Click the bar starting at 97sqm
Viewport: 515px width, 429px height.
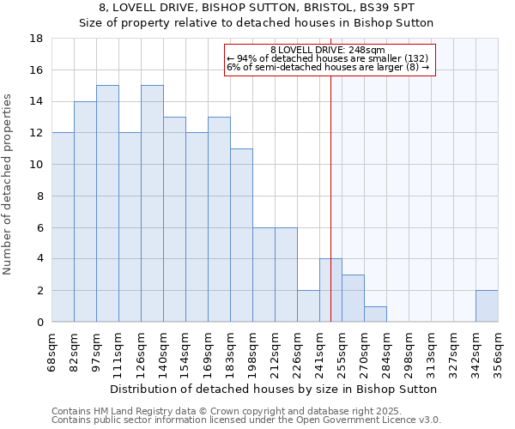(x=107, y=203)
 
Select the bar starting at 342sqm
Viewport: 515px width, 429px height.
(x=487, y=306)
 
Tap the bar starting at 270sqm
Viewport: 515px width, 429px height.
(x=375, y=314)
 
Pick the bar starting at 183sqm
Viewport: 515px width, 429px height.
(x=241, y=235)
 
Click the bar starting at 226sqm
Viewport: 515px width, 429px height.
(x=308, y=306)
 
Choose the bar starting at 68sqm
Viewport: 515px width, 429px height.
(x=63, y=227)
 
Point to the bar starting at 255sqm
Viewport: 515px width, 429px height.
(x=353, y=299)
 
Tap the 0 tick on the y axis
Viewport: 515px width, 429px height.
(x=39, y=323)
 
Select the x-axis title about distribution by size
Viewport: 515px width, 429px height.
(x=275, y=389)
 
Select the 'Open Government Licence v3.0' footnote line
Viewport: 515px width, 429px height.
(x=246, y=420)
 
